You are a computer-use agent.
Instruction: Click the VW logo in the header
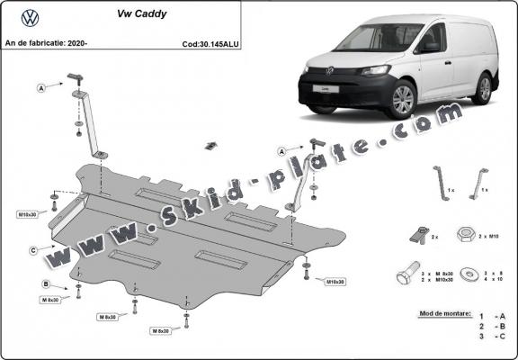click(x=30, y=16)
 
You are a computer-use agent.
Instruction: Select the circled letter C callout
click(x=33, y=250)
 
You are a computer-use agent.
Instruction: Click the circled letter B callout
click(x=45, y=284)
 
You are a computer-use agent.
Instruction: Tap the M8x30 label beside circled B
click(x=54, y=300)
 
